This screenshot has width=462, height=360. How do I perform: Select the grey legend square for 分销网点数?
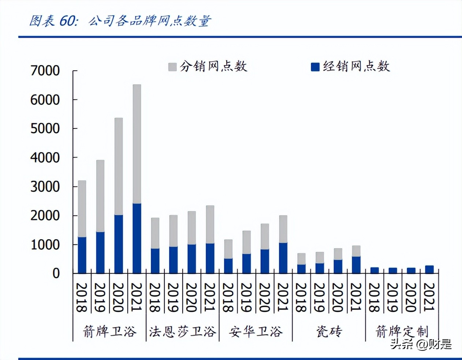click(x=172, y=67)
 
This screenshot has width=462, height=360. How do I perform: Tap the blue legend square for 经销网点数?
click(x=315, y=67)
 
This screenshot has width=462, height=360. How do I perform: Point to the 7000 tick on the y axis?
click(x=45, y=70)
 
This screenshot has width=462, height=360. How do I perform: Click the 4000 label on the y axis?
click(x=45, y=158)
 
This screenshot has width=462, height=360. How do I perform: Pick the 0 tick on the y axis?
click(x=56, y=273)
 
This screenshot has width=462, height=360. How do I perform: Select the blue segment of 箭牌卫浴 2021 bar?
click(x=137, y=238)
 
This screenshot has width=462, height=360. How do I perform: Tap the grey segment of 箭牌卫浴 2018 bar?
click(x=82, y=209)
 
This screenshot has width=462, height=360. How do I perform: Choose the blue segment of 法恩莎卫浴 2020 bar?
click(x=191, y=259)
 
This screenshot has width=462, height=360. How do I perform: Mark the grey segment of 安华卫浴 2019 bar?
click(x=246, y=242)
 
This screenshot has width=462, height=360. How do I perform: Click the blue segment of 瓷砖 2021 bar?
click(x=356, y=265)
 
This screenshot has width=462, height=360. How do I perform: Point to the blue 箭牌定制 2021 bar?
click(x=429, y=270)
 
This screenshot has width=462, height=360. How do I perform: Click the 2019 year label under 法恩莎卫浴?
click(x=173, y=297)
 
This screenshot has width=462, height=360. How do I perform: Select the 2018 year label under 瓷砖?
click(x=301, y=297)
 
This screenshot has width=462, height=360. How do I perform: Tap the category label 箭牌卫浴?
click(x=109, y=331)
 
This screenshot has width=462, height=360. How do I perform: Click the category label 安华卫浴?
click(x=256, y=331)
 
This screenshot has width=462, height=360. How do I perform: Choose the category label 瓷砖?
click(x=329, y=331)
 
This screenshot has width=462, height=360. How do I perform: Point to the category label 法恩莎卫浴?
click(x=182, y=331)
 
